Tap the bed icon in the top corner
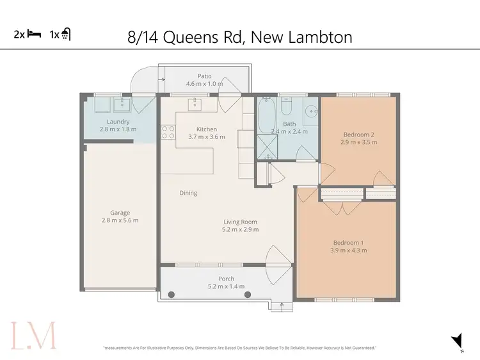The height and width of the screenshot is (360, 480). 33,35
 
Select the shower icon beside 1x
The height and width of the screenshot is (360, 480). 66,35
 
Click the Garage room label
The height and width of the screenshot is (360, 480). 120,213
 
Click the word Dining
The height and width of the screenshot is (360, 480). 188,193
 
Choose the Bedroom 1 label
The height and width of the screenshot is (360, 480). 349,242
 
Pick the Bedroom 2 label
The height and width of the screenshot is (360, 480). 358,134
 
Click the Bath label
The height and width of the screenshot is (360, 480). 290,124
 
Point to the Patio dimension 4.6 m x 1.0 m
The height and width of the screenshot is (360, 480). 205,84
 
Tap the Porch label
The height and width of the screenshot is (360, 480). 226,279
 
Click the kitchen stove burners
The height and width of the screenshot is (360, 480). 168,132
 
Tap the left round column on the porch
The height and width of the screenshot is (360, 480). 172,295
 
